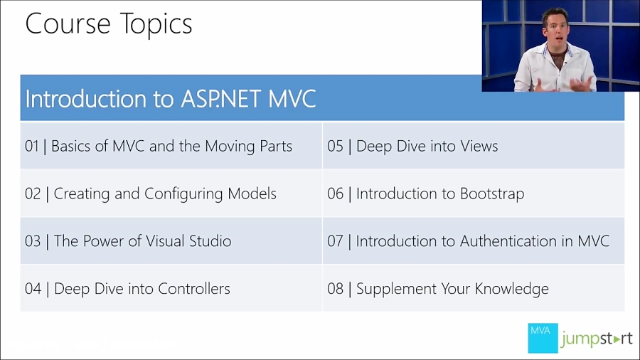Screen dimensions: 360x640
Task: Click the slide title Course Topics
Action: (x=109, y=24)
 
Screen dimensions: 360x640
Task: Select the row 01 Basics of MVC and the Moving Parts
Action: (x=159, y=147)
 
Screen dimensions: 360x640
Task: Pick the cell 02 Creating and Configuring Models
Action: (x=151, y=194)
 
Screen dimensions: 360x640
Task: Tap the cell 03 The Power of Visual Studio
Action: (x=128, y=241)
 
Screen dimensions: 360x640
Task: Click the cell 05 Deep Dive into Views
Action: (x=412, y=147)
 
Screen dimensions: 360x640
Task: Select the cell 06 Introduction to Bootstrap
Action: (x=425, y=194)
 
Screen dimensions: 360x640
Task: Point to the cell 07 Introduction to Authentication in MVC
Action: (x=468, y=241)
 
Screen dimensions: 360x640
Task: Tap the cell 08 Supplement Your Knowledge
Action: (x=438, y=289)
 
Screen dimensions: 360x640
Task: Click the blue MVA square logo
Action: (x=543, y=338)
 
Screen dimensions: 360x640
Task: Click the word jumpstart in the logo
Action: (x=596, y=339)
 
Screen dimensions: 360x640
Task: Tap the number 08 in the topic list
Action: (x=335, y=289)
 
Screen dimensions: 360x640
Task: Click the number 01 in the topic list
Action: (x=32, y=147)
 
